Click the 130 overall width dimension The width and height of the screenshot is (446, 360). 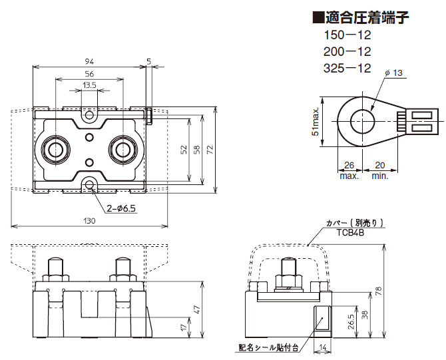[x=89, y=220]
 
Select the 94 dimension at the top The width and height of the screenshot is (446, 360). [x=89, y=61]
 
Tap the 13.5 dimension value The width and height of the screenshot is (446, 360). [x=89, y=85]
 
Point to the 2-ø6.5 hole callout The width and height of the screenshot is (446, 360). [x=121, y=208]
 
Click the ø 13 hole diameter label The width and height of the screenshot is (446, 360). [x=394, y=73]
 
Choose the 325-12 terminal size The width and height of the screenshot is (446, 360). [x=346, y=68]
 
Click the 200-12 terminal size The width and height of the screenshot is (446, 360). [x=346, y=52]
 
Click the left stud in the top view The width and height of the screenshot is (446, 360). [x=55, y=150]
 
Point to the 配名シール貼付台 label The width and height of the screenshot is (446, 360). [x=268, y=347]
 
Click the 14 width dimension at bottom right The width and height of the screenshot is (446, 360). [x=321, y=347]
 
